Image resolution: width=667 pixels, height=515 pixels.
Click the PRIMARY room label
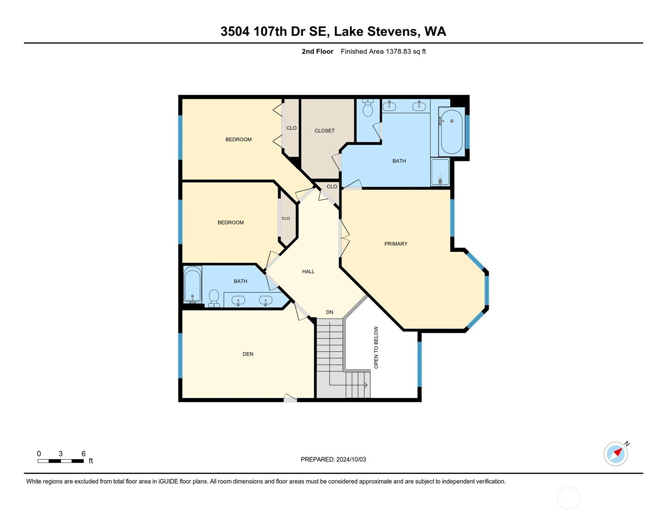(396, 244)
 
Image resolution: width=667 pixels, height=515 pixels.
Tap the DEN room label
(248, 354)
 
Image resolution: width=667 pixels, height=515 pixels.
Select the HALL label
(308, 271)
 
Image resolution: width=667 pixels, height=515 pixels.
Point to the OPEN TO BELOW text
(376, 347)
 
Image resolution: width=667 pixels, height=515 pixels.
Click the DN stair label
(329, 312)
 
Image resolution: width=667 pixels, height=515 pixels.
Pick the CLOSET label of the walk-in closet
(325, 131)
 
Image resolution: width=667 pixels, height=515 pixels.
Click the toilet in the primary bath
(367, 108)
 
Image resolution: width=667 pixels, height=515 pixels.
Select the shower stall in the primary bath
(440, 172)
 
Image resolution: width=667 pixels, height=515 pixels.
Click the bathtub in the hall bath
(193, 285)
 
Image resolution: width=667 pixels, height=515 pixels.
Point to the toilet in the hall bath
(214, 298)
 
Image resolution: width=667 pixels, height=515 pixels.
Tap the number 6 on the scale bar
(83, 454)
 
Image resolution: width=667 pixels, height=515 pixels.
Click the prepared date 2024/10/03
(351, 460)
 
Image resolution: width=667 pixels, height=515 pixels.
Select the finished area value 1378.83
(398, 52)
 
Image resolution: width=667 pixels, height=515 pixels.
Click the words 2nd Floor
(317, 52)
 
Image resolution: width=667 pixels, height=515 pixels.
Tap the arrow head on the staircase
(366, 385)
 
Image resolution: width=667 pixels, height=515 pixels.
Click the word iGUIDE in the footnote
(168, 481)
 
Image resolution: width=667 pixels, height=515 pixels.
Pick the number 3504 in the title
(235, 32)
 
